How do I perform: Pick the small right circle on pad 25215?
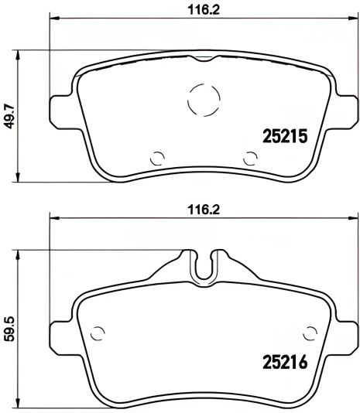click(249, 158)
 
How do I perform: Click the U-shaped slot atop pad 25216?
click(203, 267)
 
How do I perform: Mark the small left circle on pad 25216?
click(98, 334)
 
